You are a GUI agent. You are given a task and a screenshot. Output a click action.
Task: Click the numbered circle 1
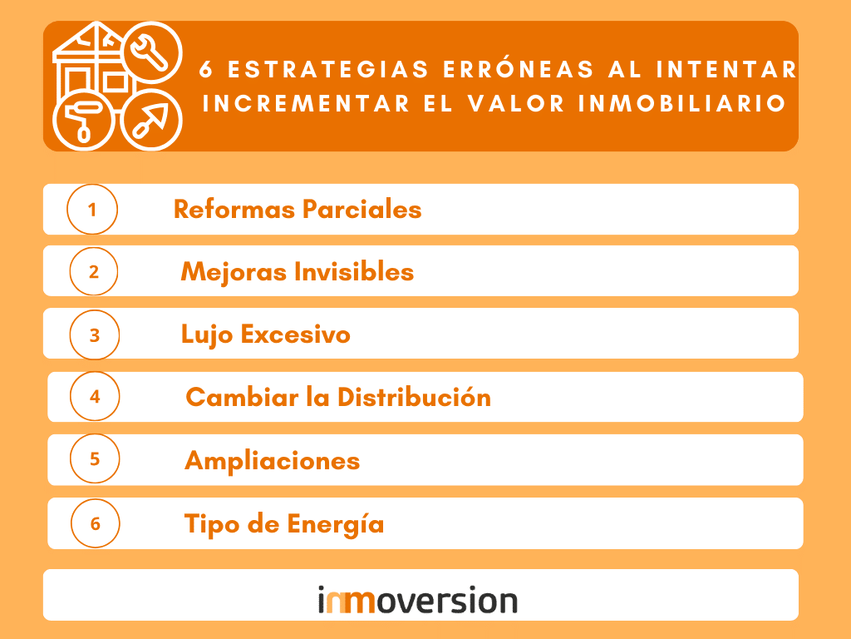click(92, 209)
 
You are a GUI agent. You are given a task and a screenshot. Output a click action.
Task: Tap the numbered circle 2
click(93, 271)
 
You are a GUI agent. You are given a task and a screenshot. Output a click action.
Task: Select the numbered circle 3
click(95, 334)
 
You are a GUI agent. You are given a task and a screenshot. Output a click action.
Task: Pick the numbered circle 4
click(95, 396)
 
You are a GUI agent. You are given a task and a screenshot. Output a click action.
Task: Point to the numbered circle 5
click(95, 458)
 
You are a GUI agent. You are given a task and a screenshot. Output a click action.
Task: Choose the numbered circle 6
click(95, 523)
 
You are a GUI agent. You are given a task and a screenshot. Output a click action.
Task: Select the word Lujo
click(207, 334)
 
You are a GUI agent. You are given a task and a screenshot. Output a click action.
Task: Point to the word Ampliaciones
click(272, 460)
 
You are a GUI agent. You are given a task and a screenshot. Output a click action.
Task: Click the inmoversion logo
click(418, 600)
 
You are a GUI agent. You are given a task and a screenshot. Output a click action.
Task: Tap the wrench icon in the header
click(152, 52)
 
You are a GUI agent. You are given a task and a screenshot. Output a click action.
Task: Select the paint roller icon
click(81, 118)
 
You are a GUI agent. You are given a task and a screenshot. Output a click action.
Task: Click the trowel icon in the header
click(151, 118)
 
